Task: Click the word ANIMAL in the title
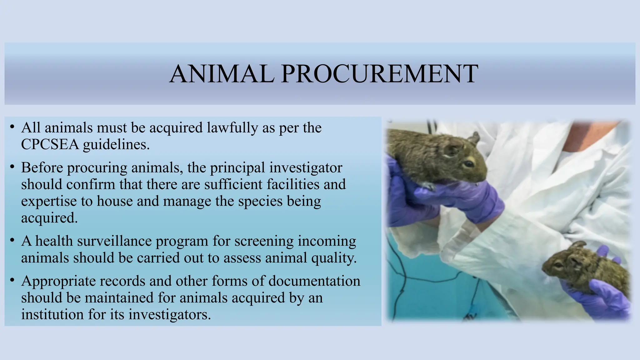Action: click(x=222, y=74)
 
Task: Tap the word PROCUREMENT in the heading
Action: click(x=379, y=74)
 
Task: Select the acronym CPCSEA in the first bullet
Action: click(x=50, y=144)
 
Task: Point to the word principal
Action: click(x=237, y=168)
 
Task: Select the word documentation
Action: click(x=314, y=281)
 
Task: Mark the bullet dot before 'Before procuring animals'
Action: click(x=12, y=167)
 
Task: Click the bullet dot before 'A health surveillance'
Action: click(x=12, y=240)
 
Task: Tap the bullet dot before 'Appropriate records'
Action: click(x=12, y=280)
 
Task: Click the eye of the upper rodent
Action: click(x=469, y=163)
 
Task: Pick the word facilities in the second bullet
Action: click(x=293, y=184)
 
